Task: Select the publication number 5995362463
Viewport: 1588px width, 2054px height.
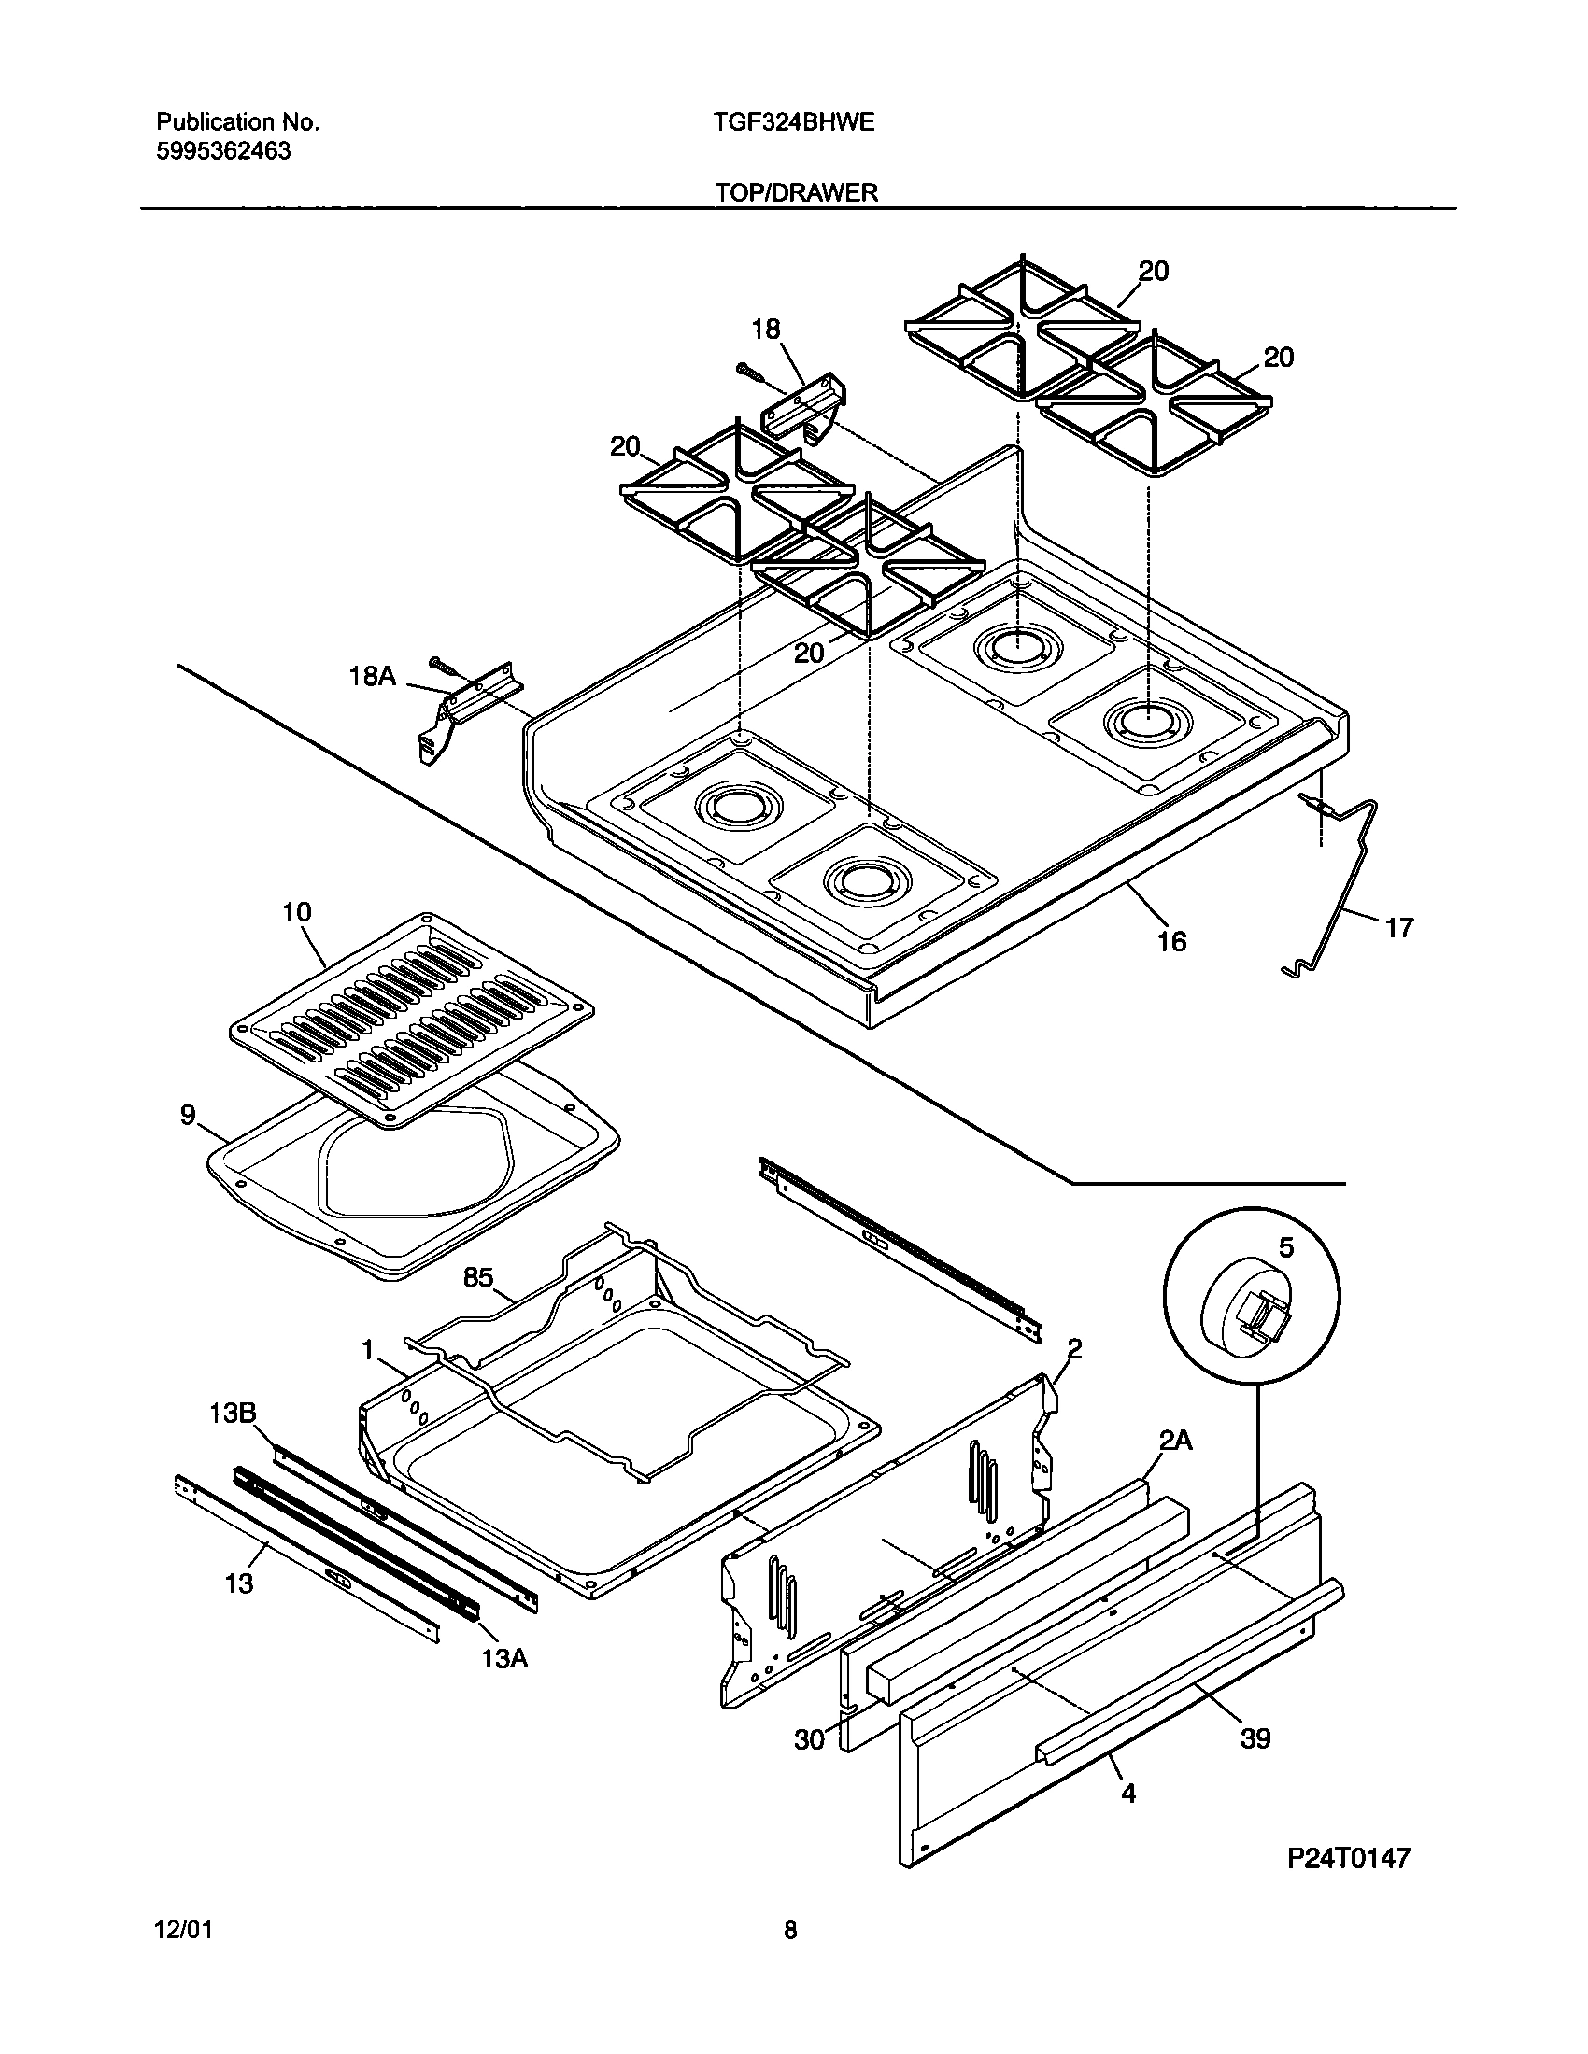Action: click(x=223, y=151)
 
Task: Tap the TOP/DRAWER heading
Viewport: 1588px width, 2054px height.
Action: click(x=796, y=193)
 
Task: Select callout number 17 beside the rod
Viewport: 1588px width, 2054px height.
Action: click(x=1399, y=928)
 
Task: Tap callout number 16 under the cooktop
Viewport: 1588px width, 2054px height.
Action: click(x=1171, y=940)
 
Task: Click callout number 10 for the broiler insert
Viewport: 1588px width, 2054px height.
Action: click(x=296, y=912)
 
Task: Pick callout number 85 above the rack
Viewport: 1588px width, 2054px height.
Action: click(x=478, y=1277)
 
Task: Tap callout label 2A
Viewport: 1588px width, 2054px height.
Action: click(x=1175, y=1440)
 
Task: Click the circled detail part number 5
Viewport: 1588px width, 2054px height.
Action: click(x=1286, y=1248)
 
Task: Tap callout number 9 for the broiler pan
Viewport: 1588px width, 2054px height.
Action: click(x=188, y=1116)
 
